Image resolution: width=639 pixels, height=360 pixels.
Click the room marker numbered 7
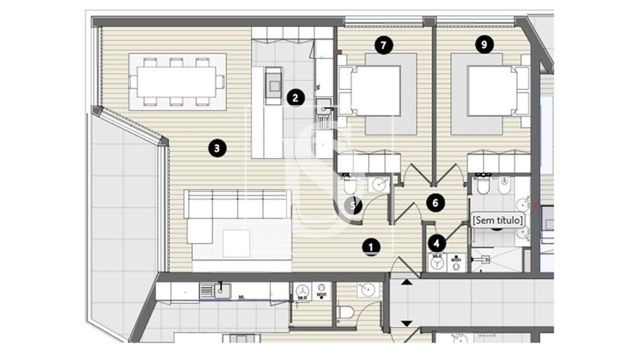[x=382, y=45]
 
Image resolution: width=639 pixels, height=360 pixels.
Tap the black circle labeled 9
[x=484, y=45]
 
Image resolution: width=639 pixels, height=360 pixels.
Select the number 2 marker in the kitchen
[x=295, y=98]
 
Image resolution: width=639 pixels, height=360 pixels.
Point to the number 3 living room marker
[x=217, y=149]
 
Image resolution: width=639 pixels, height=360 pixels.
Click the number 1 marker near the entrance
[x=370, y=246]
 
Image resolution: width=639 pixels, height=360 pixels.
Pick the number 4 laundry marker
[x=437, y=243]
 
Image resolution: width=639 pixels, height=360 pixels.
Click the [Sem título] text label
[x=498, y=220]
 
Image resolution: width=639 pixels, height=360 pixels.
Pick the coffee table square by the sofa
[x=236, y=243]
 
